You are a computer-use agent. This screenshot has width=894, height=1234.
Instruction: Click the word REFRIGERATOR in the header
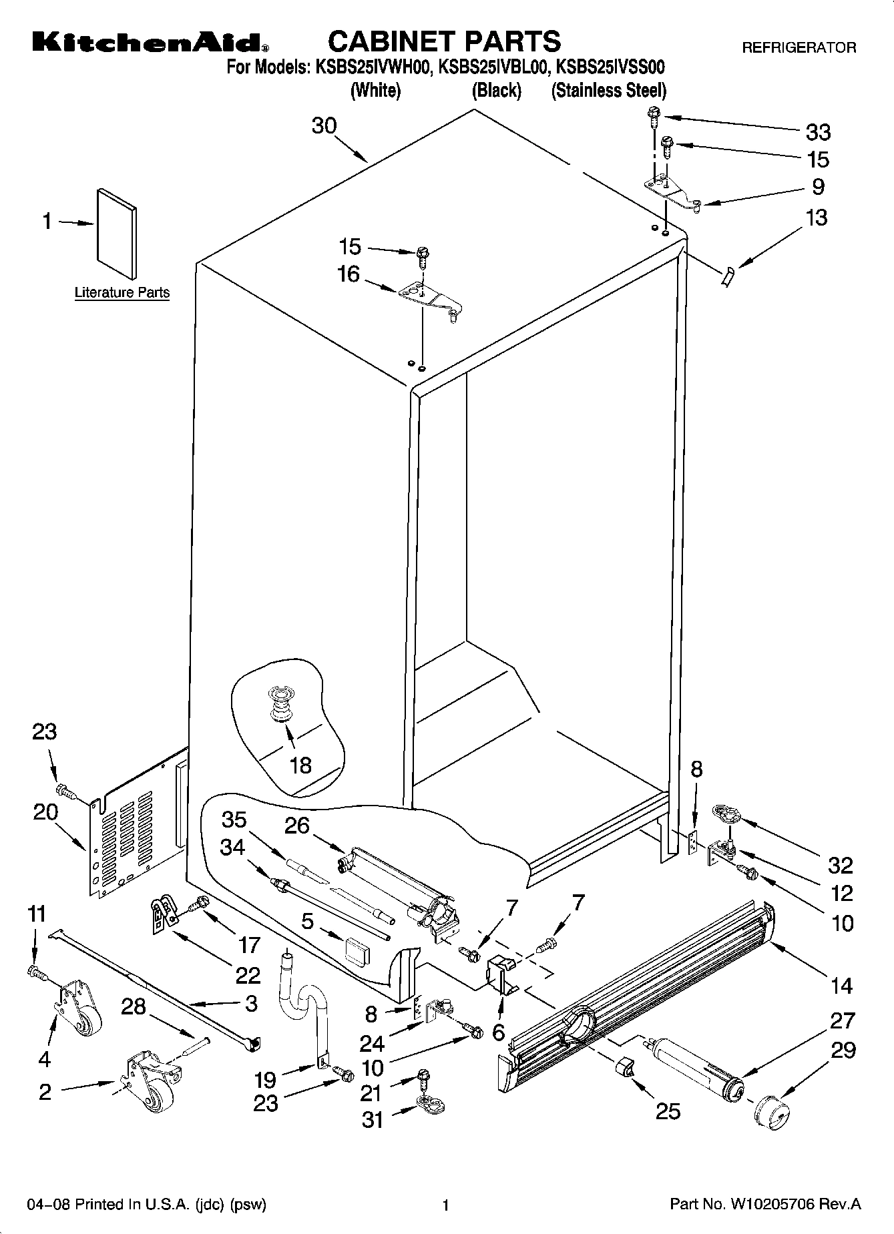coord(799,48)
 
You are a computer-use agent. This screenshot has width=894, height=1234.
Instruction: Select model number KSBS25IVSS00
coord(610,67)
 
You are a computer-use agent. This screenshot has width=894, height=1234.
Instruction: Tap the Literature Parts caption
coord(122,292)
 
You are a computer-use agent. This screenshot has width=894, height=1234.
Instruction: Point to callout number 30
coord(324,125)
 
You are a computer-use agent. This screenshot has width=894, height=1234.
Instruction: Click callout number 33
coord(818,132)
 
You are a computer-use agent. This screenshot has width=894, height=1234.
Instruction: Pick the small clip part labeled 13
coord(727,274)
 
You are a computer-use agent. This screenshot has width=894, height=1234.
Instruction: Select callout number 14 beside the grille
coord(841,985)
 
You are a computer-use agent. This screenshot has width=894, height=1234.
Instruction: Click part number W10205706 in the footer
coord(781,1205)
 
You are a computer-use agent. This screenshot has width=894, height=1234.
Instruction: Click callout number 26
coord(297,826)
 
